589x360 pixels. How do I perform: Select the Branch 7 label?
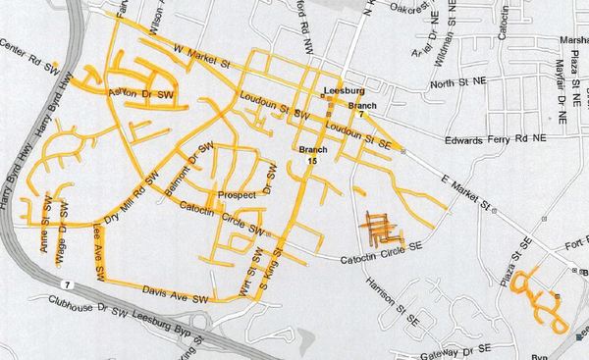[361, 108]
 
